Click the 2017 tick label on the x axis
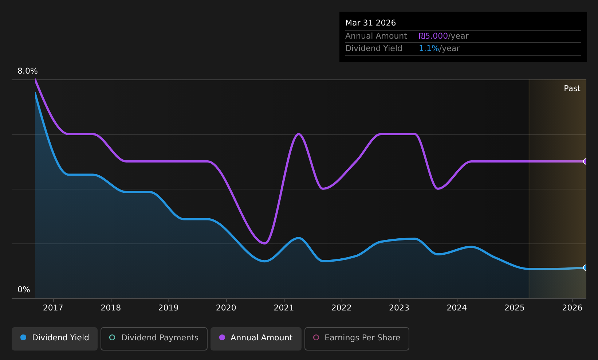click(x=53, y=308)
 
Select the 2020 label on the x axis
click(x=226, y=308)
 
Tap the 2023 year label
click(x=399, y=308)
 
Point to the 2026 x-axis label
click(x=572, y=308)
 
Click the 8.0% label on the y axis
click(x=28, y=71)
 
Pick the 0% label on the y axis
click(x=24, y=290)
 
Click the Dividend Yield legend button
click(x=55, y=339)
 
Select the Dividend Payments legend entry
click(x=154, y=339)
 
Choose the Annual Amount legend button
click(x=256, y=339)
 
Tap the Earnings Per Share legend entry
click(x=357, y=339)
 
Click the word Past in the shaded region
click(x=572, y=89)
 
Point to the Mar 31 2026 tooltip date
click(x=370, y=23)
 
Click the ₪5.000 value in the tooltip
click(x=433, y=36)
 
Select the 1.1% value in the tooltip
click(x=429, y=48)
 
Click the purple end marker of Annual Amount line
click(x=586, y=161)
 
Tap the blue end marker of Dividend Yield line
click(x=586, y=267)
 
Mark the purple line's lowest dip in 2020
click(x=264, y=243)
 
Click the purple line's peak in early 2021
click(x=299, y=134)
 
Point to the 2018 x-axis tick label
click(x=111, y=308)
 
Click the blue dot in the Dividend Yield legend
click(x=24, y=337)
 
